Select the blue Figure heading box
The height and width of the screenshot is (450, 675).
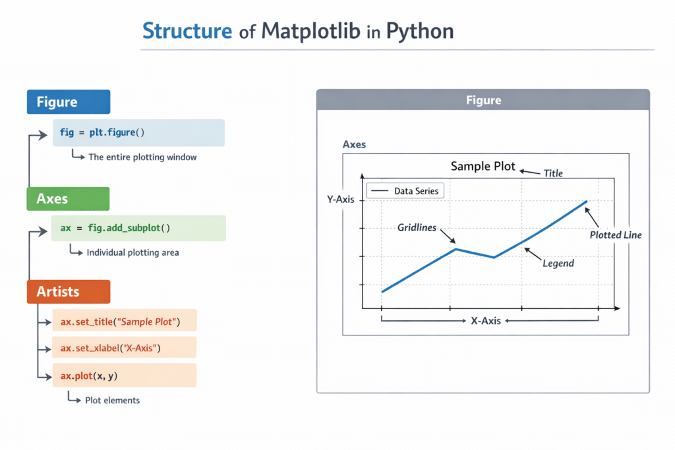(x=68, y=102)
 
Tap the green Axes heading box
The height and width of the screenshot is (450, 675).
(x=68, y=198)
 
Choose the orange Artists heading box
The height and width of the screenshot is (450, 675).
(x=68, y=291)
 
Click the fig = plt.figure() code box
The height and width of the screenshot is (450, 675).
(x=138, y=132)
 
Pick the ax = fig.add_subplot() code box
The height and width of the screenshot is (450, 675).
(x=138, y=228)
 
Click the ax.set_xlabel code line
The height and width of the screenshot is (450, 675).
(x=125, y=347)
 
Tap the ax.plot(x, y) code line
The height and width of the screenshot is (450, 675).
(x=125, y=375)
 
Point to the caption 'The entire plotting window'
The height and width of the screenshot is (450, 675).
(x=142, y=157)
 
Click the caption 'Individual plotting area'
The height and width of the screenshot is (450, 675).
(x=132, y=252)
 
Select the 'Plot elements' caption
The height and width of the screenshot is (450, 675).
(x=112, y=400)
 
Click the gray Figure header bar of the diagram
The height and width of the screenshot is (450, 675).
(x=483, y=100)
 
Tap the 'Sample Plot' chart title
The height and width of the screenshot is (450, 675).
(x=483, y=166)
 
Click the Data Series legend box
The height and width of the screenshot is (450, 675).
(x=405, y=191)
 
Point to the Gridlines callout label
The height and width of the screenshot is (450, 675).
(x=417, y=228)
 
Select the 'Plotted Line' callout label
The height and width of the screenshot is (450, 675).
(x=615, y=235)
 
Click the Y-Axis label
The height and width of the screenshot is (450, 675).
(x=340, y=199)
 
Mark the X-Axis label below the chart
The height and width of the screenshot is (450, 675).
(x=485, y=321)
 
